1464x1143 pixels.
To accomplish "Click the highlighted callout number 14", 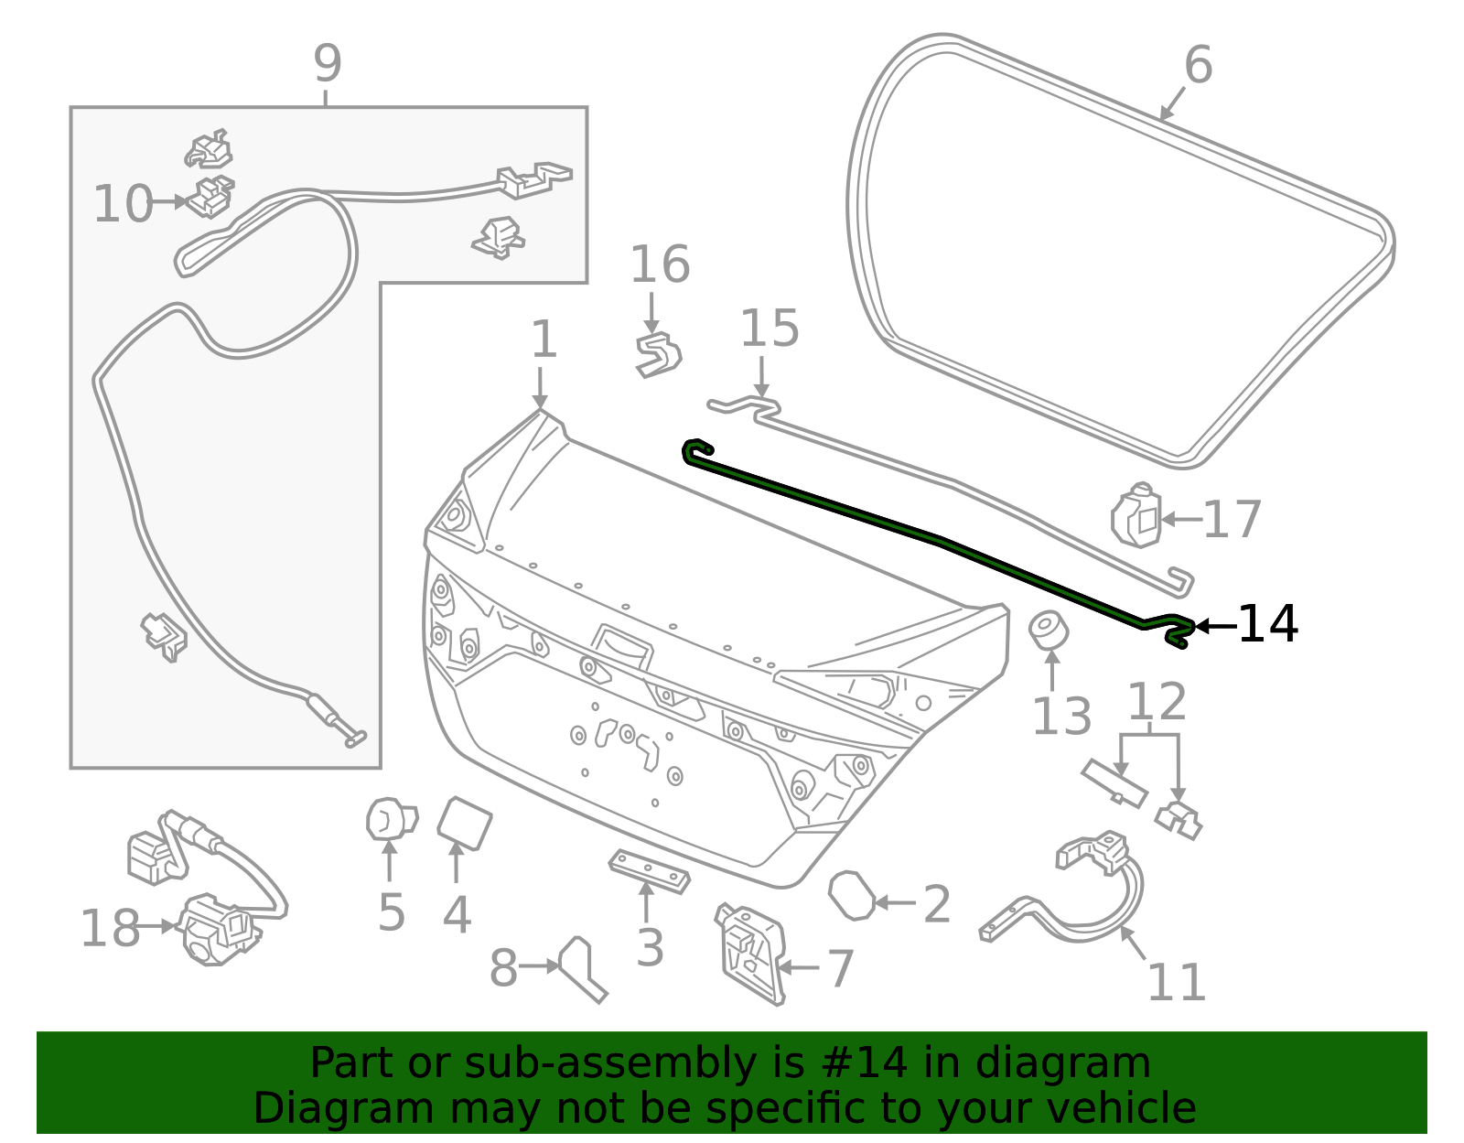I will [1267, 625].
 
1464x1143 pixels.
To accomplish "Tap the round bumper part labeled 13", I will [1050, 631].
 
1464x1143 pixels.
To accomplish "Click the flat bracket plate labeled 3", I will [649, 871].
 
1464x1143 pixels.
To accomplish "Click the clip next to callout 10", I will [211, 197].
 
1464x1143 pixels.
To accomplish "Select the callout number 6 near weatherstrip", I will [1198, 66].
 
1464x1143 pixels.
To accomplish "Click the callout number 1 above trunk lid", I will [544, 340].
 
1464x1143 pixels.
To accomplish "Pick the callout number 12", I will [1157, 703].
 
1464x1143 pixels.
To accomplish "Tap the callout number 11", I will [1176, 983].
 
